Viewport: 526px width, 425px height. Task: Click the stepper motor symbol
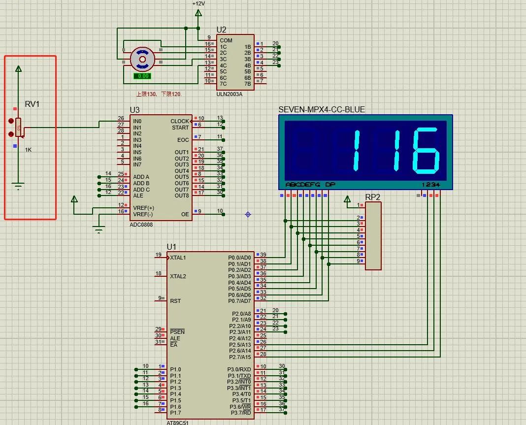point(142,59)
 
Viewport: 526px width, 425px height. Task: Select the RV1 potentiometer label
point(32,104)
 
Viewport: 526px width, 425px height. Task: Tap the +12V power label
point(198,3)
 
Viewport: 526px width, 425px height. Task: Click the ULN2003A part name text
point(229,94)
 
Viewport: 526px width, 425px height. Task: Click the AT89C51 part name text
point(177,423)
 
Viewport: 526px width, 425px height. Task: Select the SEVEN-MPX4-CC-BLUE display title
point(322,109)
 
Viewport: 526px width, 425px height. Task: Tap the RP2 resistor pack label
point(372,197)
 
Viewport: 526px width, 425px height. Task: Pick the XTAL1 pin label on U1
point(178,258)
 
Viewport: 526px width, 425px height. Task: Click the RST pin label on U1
point(175,300)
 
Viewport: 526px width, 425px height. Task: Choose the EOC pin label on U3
point(183,140)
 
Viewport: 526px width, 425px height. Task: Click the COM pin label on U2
point(226,40)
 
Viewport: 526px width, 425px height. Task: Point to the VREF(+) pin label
point(143,208)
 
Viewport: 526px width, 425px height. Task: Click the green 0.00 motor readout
point(142,76)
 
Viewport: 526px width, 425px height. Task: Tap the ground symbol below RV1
point(18,186)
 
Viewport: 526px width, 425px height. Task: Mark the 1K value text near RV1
point(28,150)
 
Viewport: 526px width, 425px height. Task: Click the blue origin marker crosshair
point(248,214)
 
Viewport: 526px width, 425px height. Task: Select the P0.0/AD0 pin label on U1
point(239,258)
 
